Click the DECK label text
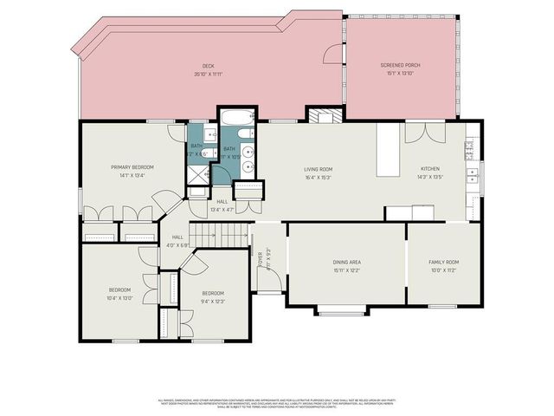pos(209,66)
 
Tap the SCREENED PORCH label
pos(399,66)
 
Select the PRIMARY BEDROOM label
pos(132,166)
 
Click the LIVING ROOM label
pos(319,170)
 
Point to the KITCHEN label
pos(430,170)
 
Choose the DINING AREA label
pos(346,262)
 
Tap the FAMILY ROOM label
pos(443,262)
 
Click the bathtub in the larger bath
pos(236,118)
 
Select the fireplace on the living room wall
pos(324,115)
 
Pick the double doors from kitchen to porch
pos(425,132)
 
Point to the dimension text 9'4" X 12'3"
pos(213,302)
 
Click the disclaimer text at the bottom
pos(277,403)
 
